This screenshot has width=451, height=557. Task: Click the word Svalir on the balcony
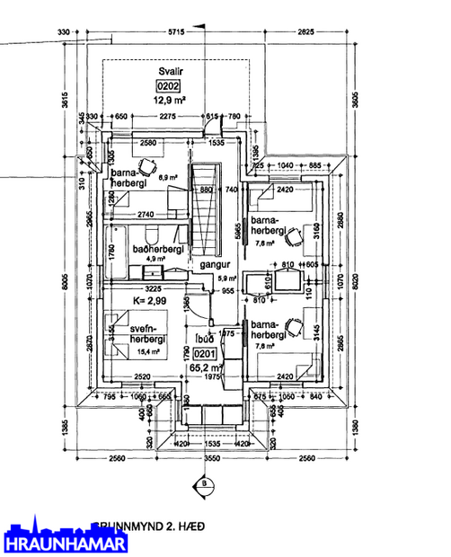[x=170, y=72]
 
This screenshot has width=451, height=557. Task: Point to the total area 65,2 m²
[x=206, y=367]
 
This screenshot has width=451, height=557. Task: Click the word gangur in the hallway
[x=217, y=266]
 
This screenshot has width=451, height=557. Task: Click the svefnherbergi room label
[x=144, y=333]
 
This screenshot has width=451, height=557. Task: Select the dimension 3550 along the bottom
[x=210, y=458]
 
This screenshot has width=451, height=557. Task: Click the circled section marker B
[x=205, y=483]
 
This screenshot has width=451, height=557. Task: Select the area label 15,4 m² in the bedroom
[x=148, y=351]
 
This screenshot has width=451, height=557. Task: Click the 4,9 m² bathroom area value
[x=146, y=259]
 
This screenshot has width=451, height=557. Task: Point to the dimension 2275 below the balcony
[x=167, y=117]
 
